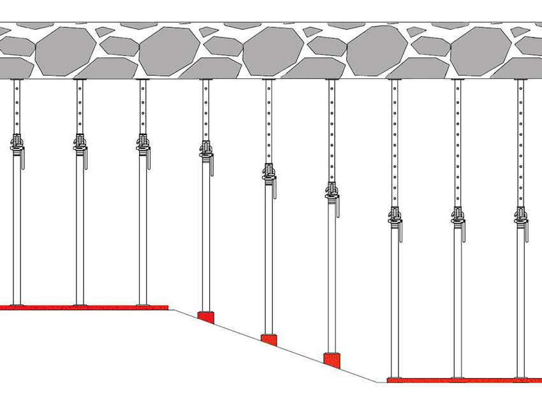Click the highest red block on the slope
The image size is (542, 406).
[205, 317]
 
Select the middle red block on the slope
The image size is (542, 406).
[268, 340]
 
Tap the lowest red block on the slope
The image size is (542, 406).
[332, 360]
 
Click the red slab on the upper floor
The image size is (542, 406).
[83, 307]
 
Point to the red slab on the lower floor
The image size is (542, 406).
[464, 380]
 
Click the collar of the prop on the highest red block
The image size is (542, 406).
[205, 149]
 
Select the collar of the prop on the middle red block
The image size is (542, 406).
[268, 171]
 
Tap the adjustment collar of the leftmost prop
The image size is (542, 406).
[17, 143]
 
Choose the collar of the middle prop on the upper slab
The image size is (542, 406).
[80, 143]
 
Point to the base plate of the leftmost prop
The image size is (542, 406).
[17, 305]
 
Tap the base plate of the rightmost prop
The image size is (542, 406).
[521, 377]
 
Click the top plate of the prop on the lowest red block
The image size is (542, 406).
[332, 80]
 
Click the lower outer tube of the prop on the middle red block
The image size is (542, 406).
[268, 255]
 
